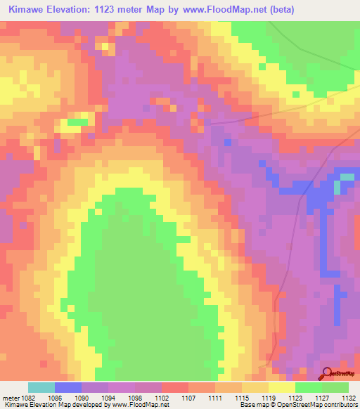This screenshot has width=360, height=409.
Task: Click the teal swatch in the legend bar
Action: (x=41, y=387)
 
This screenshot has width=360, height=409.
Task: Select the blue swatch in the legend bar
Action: (x=68, y=387)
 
